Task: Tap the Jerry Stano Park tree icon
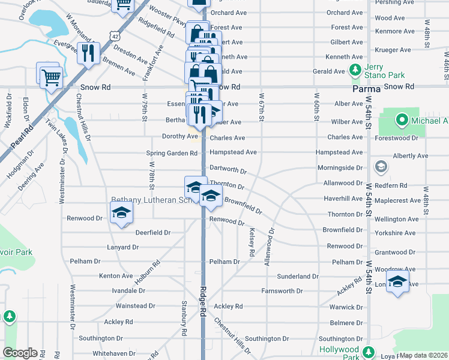(355, 70)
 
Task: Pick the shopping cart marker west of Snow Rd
(50, 76)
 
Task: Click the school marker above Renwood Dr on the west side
(122, 212)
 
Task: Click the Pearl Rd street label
(22, 138)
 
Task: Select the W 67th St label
(262, 106)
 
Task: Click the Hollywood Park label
(339, 349)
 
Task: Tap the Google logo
(20, 353)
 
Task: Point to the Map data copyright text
(423, 355)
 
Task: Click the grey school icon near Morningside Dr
(380, 166)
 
